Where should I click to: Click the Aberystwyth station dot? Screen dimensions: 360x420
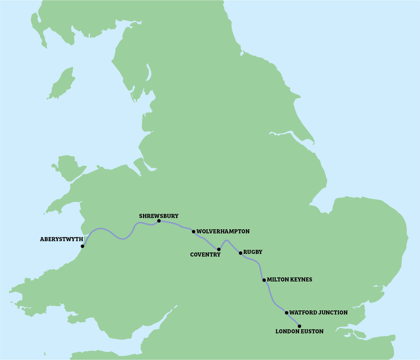(x=82, y=246)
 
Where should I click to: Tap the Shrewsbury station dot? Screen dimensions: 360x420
(x=159, y=221)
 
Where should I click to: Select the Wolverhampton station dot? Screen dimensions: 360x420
(x=193, y=232)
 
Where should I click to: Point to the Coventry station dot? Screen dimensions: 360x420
(x=219, y=249)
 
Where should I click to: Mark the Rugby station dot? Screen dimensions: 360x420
(x=240, y=253)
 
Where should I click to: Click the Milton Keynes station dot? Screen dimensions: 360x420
(x=264, y=280)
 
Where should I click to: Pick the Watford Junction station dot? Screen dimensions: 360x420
(x=287, y=313)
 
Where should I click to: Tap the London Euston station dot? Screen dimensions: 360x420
(x=300, y=326)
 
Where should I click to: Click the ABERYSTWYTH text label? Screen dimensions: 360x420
(x=61, y=239)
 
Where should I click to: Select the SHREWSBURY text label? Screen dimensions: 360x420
(x=159, y=216)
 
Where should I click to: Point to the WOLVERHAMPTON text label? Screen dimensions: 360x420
(x=223, y=232)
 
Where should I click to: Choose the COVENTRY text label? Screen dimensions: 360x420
(x=205, y=255)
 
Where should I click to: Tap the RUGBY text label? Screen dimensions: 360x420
(x=253, y=252)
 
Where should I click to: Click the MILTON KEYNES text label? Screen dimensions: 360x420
(x=289, y=280)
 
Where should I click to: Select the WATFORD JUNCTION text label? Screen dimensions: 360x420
(x=318, y=313)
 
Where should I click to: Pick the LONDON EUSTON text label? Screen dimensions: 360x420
(x=299, y=332)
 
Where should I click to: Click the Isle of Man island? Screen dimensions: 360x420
(x=62, y=84)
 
